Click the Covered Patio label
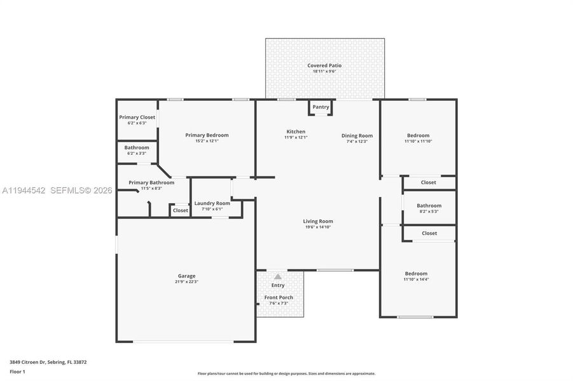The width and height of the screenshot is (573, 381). coord(324,65)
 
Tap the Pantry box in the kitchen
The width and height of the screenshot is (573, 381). coord(321,107)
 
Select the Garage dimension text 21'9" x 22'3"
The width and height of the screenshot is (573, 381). coord(186,281)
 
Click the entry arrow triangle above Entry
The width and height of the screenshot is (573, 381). coord(278,277)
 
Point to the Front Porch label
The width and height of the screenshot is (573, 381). coord(278,298)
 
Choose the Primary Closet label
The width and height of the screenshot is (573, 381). coord(137,117)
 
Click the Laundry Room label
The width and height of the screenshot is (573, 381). coord(212,203)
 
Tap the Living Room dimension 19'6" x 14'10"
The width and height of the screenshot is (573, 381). coord(317,227)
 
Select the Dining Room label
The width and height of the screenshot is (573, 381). coord(357,135)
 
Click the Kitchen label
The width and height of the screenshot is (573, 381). coord(296,131)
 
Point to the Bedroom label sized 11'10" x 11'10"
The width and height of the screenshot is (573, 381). coord(418,135)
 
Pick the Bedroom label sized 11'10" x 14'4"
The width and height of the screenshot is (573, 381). coord(416,274)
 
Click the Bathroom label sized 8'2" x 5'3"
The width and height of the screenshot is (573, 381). coord(429,206)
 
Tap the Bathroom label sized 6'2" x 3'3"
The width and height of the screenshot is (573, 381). coord(137,147)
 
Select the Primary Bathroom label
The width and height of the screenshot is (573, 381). coord(151,183)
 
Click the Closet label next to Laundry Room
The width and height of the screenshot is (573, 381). coord(181,210)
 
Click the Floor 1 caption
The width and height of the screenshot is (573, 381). coord(17,371)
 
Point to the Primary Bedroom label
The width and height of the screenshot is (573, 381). coord(207,135)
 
